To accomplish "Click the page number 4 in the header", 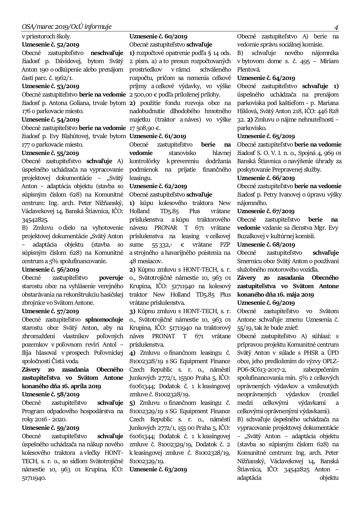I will point(336,28).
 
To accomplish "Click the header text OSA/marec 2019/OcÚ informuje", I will point(67,27).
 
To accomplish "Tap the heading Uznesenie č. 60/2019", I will point(158,36).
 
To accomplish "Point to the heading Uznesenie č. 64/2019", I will point(266,78).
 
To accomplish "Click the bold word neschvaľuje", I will point(107,53).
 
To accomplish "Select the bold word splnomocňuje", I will point(104,320).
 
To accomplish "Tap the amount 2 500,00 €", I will point(144,94).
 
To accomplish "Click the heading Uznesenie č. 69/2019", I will point(266,303).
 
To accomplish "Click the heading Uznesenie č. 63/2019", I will point(158,469).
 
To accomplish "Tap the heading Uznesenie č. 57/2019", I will point(51,311).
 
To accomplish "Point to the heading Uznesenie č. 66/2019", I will point(266,178).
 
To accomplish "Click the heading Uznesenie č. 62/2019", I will point(158,186).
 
